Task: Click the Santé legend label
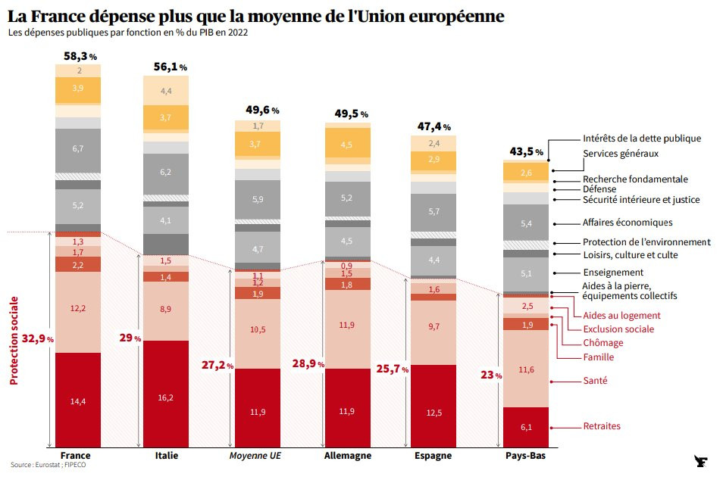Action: pos(595,381)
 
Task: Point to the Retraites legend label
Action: pos(602,426)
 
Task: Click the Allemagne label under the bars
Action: pos(347,456)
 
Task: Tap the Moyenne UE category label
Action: pos(257,456)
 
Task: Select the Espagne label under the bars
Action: pos(433,456)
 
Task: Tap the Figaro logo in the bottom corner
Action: pos(700,462)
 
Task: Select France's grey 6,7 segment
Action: pos(77,149)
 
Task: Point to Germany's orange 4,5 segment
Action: pos(346,145)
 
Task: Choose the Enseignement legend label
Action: pos(613,273)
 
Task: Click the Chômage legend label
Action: pos(603,343)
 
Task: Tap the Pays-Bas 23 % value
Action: pos(490,374)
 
